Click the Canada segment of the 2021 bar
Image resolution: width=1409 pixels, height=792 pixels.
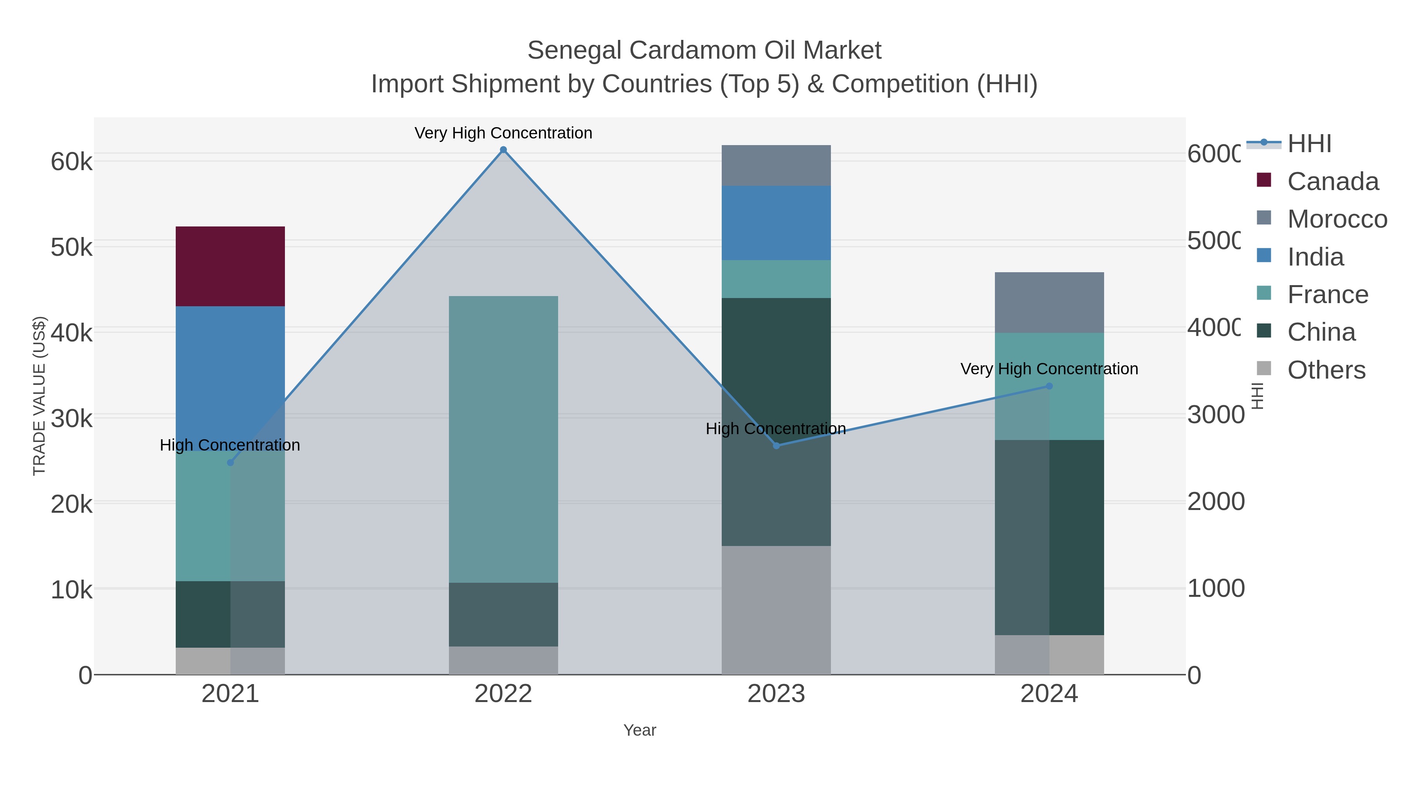tap(230, 266)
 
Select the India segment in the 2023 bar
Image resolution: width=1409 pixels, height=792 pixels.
tap(776, 223)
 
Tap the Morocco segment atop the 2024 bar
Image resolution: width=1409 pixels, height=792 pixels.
tap(1049, 302)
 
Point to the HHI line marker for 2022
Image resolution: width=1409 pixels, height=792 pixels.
tap(503, 150)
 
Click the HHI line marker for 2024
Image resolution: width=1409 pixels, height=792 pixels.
tap(1049, 386)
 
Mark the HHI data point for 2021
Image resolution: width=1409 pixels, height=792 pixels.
tap(230, 462)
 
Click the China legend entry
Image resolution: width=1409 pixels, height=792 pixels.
tap(1321, 332)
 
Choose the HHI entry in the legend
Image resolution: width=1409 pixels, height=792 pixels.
tap(1309, 144)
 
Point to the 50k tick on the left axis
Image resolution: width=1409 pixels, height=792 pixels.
tap(71, 248)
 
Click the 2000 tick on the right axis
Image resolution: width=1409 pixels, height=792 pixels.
tap(1215, 502)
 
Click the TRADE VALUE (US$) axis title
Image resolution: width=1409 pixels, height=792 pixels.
tap(40, 396)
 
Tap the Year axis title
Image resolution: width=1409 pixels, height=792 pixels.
tap(640, 730)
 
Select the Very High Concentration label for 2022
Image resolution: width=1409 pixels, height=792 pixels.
tap(503, 133)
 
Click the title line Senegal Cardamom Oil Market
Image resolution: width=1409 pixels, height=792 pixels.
tap(704, 50)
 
